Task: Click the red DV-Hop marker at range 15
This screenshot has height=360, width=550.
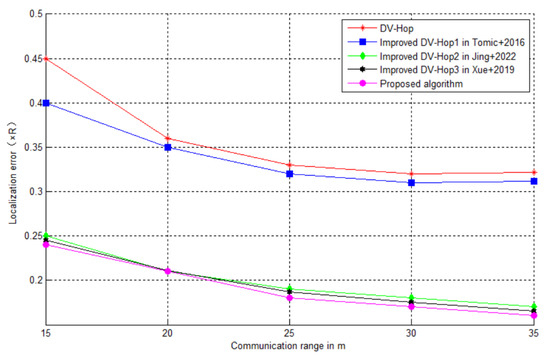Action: [x=46, y=59]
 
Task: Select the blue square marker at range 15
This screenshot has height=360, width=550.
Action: [x=46, y=103]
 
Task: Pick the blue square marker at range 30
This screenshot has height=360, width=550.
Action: [x=412, y=182]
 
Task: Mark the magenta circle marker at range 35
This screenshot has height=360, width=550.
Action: [x=534, y=315]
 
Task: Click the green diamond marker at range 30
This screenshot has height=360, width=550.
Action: [x=412, y=298]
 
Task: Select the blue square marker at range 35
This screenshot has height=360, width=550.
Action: [x=534, y=181]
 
